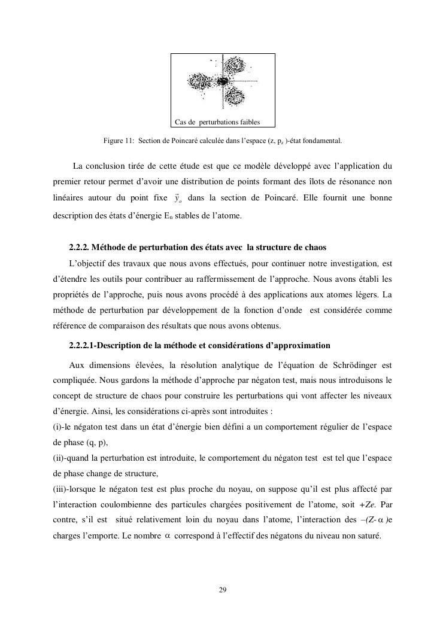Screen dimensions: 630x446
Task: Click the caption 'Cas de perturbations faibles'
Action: [217, 122]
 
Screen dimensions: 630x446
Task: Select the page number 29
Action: [223, 591]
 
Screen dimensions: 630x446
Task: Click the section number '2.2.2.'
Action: [79, 247]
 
